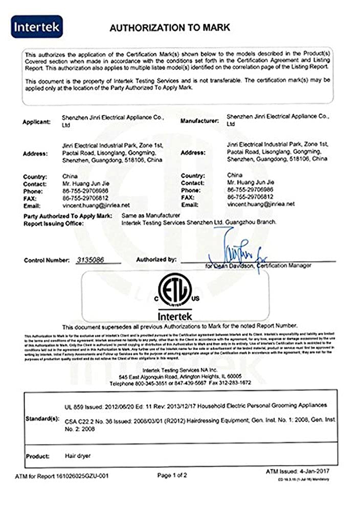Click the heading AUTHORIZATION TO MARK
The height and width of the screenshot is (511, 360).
point(169,28)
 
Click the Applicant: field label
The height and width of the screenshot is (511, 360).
point(36,123)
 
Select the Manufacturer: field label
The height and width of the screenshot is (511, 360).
point(199,121)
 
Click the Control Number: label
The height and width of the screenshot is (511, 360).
point(47,261)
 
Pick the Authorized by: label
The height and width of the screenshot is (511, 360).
point(156,260)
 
